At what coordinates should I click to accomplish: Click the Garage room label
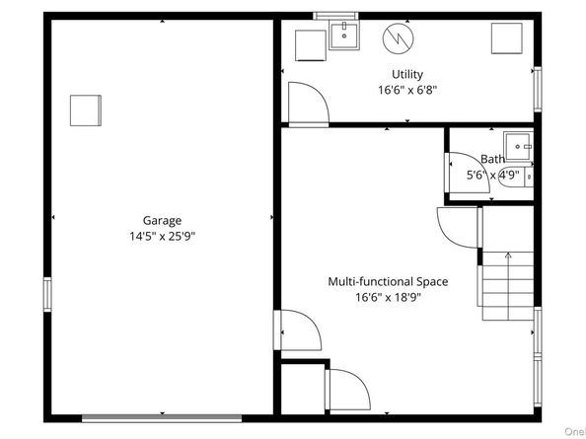(x=162, y=221)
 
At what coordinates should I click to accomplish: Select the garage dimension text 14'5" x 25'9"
(x=162, y=238)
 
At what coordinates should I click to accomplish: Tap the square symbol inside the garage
(x=85, y=110)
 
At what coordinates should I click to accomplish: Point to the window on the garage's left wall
(x=47, y=295)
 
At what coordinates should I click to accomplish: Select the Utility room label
(x=406, y=74)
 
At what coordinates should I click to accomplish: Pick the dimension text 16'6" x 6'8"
(x=406, y=90)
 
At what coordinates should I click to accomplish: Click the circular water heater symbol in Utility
(x=401, y=37)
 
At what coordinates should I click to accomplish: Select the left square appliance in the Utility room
(x=310, y=44)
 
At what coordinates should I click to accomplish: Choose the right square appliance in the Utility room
(x=507, y=37)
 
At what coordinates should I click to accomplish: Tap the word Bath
(x=492, y=159)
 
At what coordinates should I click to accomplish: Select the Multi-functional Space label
(x=388, y=281)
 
